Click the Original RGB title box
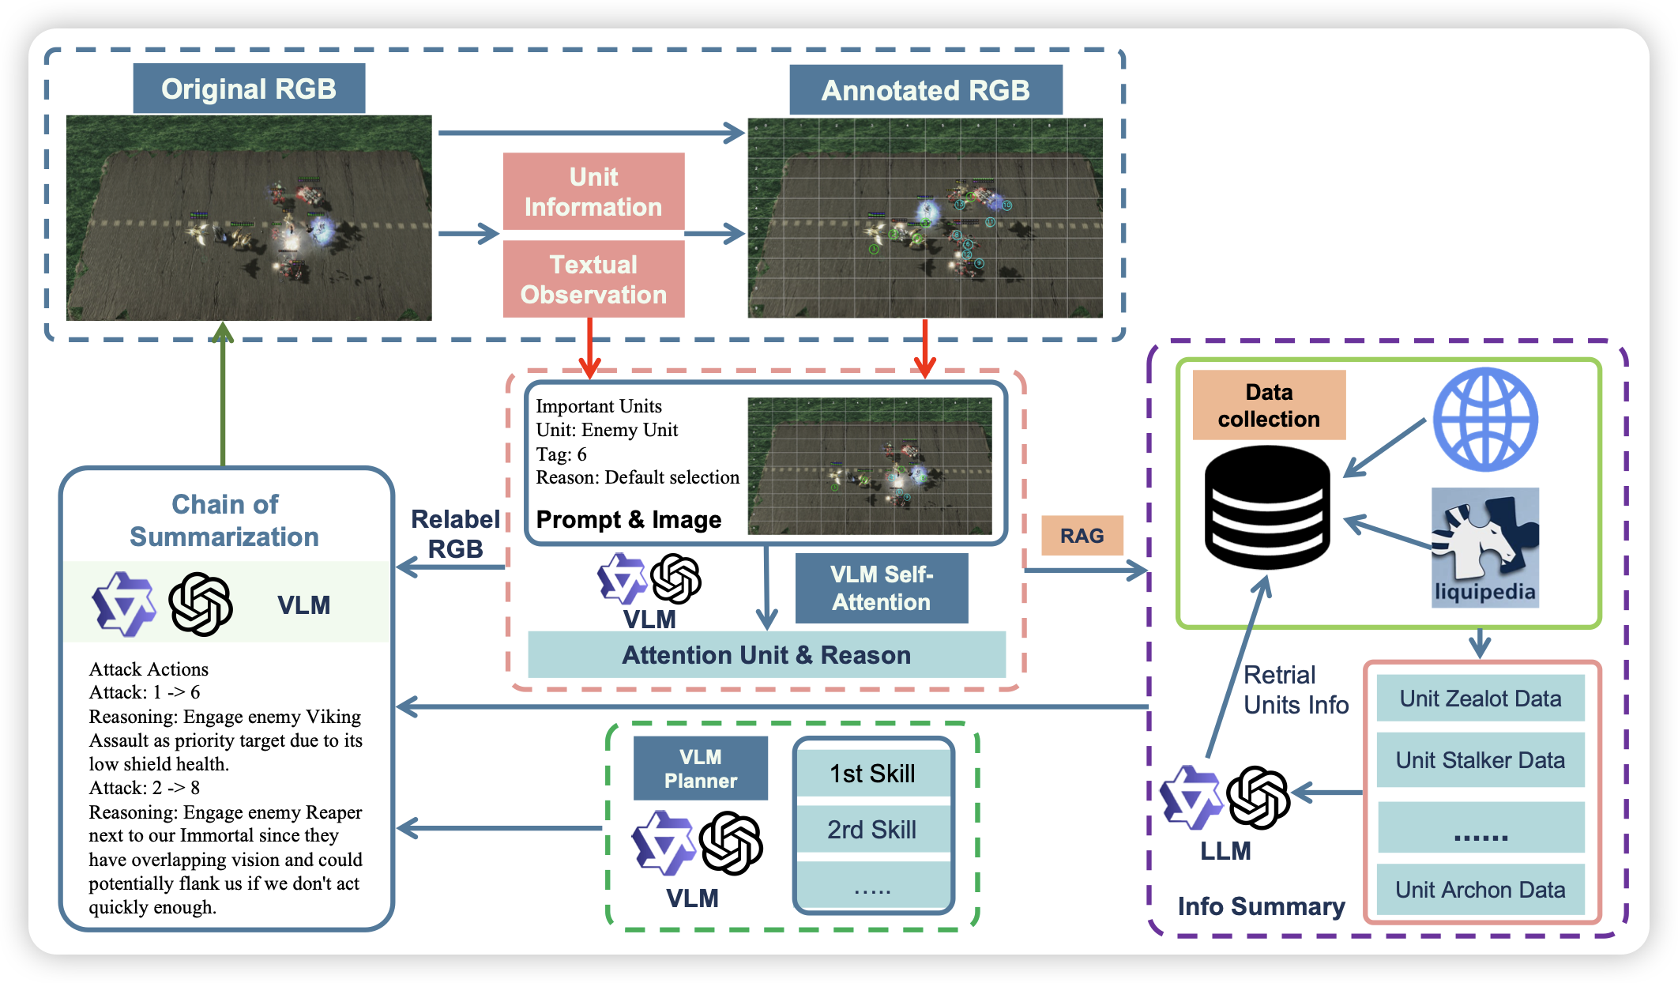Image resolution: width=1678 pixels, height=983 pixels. pyautogui.click(x=249, y=89)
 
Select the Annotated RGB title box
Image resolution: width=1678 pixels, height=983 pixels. pyautogui.click(x=925, y=90)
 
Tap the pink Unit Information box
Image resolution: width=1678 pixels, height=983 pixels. pyautogui.click(x=593, y=191)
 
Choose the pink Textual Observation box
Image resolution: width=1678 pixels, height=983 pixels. pyautogui.click(x=593, y=279)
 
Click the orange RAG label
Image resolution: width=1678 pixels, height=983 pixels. pyautogui.click(x=1082, y=536)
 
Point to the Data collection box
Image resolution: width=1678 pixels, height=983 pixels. pyautogui.click(x=1269, y=405)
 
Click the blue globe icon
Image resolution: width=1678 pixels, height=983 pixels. pyautogui.click(x=1485, y=420)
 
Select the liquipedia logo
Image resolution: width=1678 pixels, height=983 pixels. pyautogui.click(x=1485, y=548)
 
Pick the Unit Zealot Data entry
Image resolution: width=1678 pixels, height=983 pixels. pyautogui.click(x=1480, y=699)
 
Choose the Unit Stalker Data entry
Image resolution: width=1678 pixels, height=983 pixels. pyautogui.click(x=1480, y=760)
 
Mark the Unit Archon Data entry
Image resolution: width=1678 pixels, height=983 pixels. pyautogui.click(x=1480, y=890)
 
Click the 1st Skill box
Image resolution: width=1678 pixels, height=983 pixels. pyautogui.click(x=873, y=774)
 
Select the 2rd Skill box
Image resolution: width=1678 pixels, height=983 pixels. pyautogui.click(x=873, y=830)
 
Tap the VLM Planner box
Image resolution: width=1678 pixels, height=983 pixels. pyautogui.click(x=700, y=768)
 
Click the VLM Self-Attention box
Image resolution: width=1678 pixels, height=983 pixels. pyautogui.click(x=882, y=588)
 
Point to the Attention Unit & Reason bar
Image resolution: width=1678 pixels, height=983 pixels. pyautogui.click(x=766, y=655)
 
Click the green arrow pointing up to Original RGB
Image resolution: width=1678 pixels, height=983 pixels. pyautogui.click(x=224, y=395)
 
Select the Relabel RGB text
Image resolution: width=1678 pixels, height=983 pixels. pyautogui.click(x=455, y=534)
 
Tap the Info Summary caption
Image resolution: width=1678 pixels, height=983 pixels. pyautogui.click(x=1261, y=906)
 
